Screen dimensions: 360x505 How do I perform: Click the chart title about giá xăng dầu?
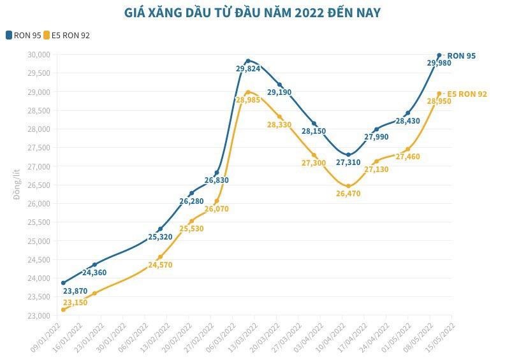[x=252, y=13]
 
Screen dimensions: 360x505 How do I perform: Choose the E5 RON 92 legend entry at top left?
[x=66, y=35]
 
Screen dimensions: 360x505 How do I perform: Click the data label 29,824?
[x=248, y=68]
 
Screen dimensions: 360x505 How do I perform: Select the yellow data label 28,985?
[x=248, y=100]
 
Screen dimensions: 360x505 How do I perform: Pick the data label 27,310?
[x=349, y=162]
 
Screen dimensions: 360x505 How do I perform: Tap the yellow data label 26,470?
[x=348, y=193]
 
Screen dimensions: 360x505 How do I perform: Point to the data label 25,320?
[x=160, y=237]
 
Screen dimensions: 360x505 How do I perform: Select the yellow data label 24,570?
[x=160, y=264]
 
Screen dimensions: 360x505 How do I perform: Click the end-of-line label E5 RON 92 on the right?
[x=467, y=94]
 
